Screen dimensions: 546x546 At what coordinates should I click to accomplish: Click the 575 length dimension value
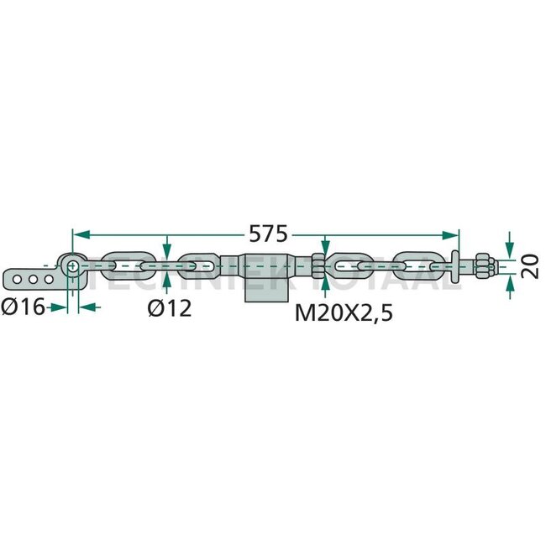pos(269,234)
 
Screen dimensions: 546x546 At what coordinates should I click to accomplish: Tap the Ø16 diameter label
pos(24,307)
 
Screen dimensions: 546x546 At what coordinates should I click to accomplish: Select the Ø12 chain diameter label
pos(170,308)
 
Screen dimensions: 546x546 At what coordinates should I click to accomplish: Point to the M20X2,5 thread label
pos(344,312)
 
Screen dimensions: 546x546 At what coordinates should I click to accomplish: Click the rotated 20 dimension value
pos(531,266)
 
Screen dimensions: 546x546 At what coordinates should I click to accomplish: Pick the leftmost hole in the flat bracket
pos(17,279)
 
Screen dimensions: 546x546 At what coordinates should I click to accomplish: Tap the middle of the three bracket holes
pos(33,279)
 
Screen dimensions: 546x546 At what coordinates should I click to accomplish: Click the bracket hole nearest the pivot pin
pos(49,279)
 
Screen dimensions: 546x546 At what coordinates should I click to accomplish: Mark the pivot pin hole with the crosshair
pos(72,266)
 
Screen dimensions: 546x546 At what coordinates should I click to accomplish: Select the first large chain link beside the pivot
pos(129,265)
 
